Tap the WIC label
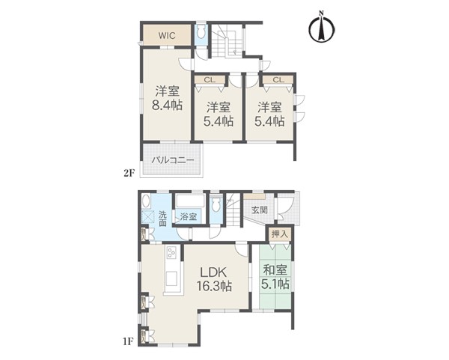[x=167, y=36]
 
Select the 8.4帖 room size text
[x=167, y=106]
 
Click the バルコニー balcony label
[x=173, y=160]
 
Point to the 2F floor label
[x=129, y=174]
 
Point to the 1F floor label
[x=129, y=341]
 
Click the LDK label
[x=213, y=272]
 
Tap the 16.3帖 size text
[x=214, y=286]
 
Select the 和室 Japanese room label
[x=275, y=269]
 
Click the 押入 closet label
[x=279, y=234]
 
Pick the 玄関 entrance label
[x=260, y=210]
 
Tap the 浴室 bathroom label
[x=189, y=217]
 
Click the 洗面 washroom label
[x=162, y=219]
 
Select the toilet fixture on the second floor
[x=201, y=31]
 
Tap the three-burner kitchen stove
[x=172, y=253]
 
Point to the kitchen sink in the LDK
[x=172, y=278]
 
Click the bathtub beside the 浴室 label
[x=190, y=201]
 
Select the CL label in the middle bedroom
[x=210, y=79]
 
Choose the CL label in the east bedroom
[x=278, y=79]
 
